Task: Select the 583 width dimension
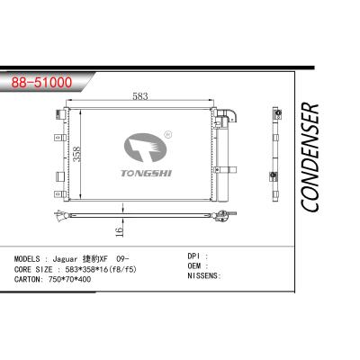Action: tap(139, 96)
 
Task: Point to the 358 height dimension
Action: tap(80, 152)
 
